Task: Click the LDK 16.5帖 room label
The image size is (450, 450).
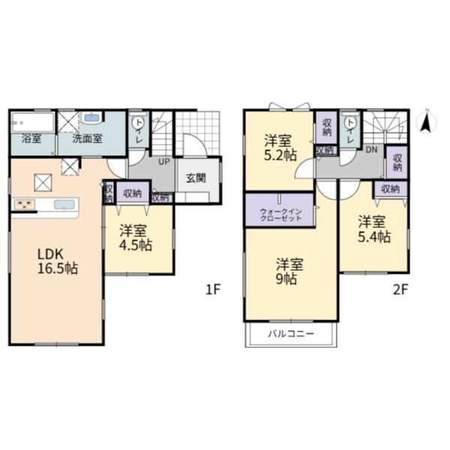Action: click(x=58, y=261)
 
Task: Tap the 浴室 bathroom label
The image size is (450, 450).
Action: click(x=31, y=139)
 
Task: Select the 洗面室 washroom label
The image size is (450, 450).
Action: click(x=87, y=139)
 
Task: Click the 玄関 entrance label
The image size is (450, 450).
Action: click(x=196, y=178)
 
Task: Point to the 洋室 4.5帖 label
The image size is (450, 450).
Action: click(x=135, y=238)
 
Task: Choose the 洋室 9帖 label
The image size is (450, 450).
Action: click(x=289, y=271)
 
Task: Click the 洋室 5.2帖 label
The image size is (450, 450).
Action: click(x=280, y=148)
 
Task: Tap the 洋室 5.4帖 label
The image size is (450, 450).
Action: click(x=374, y=229)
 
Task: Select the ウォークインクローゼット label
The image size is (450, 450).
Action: click(x=280, y=214)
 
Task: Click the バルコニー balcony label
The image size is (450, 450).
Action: click(x=291, y=334)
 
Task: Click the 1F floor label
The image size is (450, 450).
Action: click(x=213, y=289)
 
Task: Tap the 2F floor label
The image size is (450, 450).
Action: click(x=400, y=289)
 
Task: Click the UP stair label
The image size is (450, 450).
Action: click(x=164, y=161)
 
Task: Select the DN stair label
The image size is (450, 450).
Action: click(x=371, y=149)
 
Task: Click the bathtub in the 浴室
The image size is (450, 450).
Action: click(x=33, y=122)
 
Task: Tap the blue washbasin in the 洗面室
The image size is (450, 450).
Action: click(x=91, y=118)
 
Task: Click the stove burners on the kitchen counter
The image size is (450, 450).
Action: click(x=25, y=205)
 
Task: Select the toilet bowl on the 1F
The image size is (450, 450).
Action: click(x=139, y=122)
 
